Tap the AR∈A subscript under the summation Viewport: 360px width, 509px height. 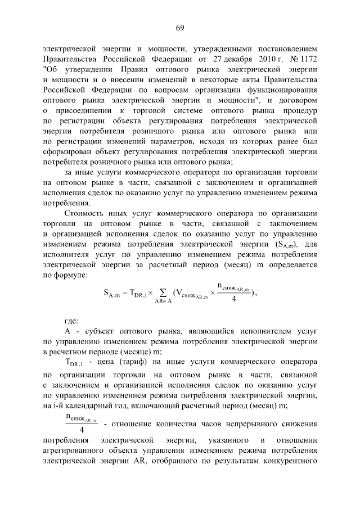click(164, 303)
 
